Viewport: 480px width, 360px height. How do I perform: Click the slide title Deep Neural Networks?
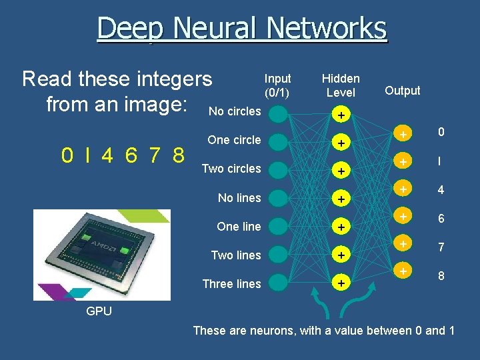[241, 29]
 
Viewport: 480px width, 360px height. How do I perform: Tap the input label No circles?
[235, 111]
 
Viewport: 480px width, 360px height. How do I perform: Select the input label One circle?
[234, 140]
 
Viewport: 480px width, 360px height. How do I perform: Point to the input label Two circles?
[231, 169]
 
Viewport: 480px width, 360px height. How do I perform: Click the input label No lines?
[239, 198]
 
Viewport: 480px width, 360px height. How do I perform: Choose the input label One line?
[239, 227]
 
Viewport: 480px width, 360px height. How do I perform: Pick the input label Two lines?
[236, 255]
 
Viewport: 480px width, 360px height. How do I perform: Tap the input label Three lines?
[231, 284]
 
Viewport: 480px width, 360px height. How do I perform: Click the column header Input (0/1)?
[278, 85]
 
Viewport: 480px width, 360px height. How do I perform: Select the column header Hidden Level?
[341, 85]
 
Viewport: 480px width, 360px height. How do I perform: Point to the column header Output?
[403, 91]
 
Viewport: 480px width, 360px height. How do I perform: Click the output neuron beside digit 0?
[402, 135]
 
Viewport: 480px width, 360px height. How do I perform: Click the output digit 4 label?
[441, 190]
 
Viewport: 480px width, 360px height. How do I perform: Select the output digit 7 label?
[441, 247]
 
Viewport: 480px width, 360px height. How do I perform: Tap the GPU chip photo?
[102, 255]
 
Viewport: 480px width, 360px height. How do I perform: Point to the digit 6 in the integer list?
[131, 155]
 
